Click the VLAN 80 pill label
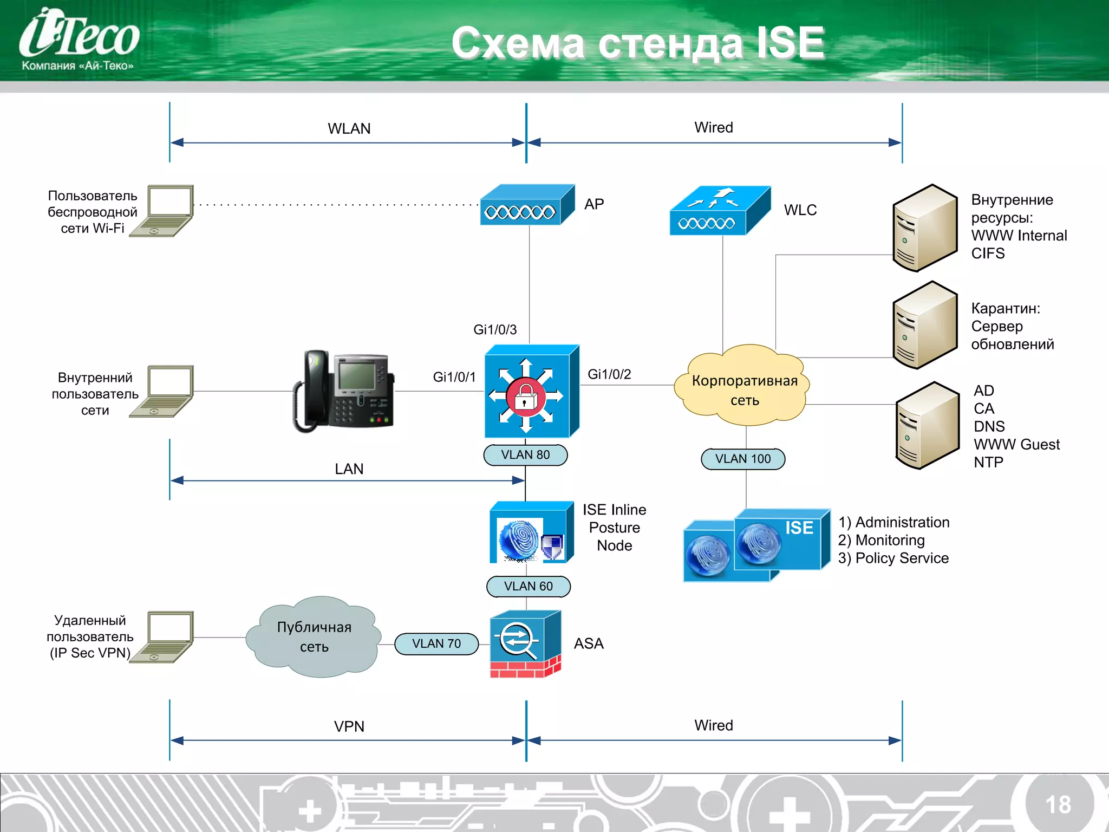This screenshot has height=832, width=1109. point(525,455)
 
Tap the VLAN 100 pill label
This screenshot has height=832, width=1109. point(742,459)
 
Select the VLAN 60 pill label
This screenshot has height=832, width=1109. point(528,586)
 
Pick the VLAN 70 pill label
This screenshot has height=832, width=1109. point(436,643)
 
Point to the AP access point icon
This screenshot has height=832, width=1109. point(526,205)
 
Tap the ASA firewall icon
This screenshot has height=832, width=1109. point(525,643)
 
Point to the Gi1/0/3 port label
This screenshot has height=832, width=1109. point(495,329)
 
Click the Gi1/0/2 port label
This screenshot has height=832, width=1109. point(609,374)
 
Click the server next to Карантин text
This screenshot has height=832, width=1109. point(924,325)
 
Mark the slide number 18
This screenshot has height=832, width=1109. point(1058,804)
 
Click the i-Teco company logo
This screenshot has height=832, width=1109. point(79,40)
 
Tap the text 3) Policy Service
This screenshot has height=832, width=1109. point(893,558)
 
